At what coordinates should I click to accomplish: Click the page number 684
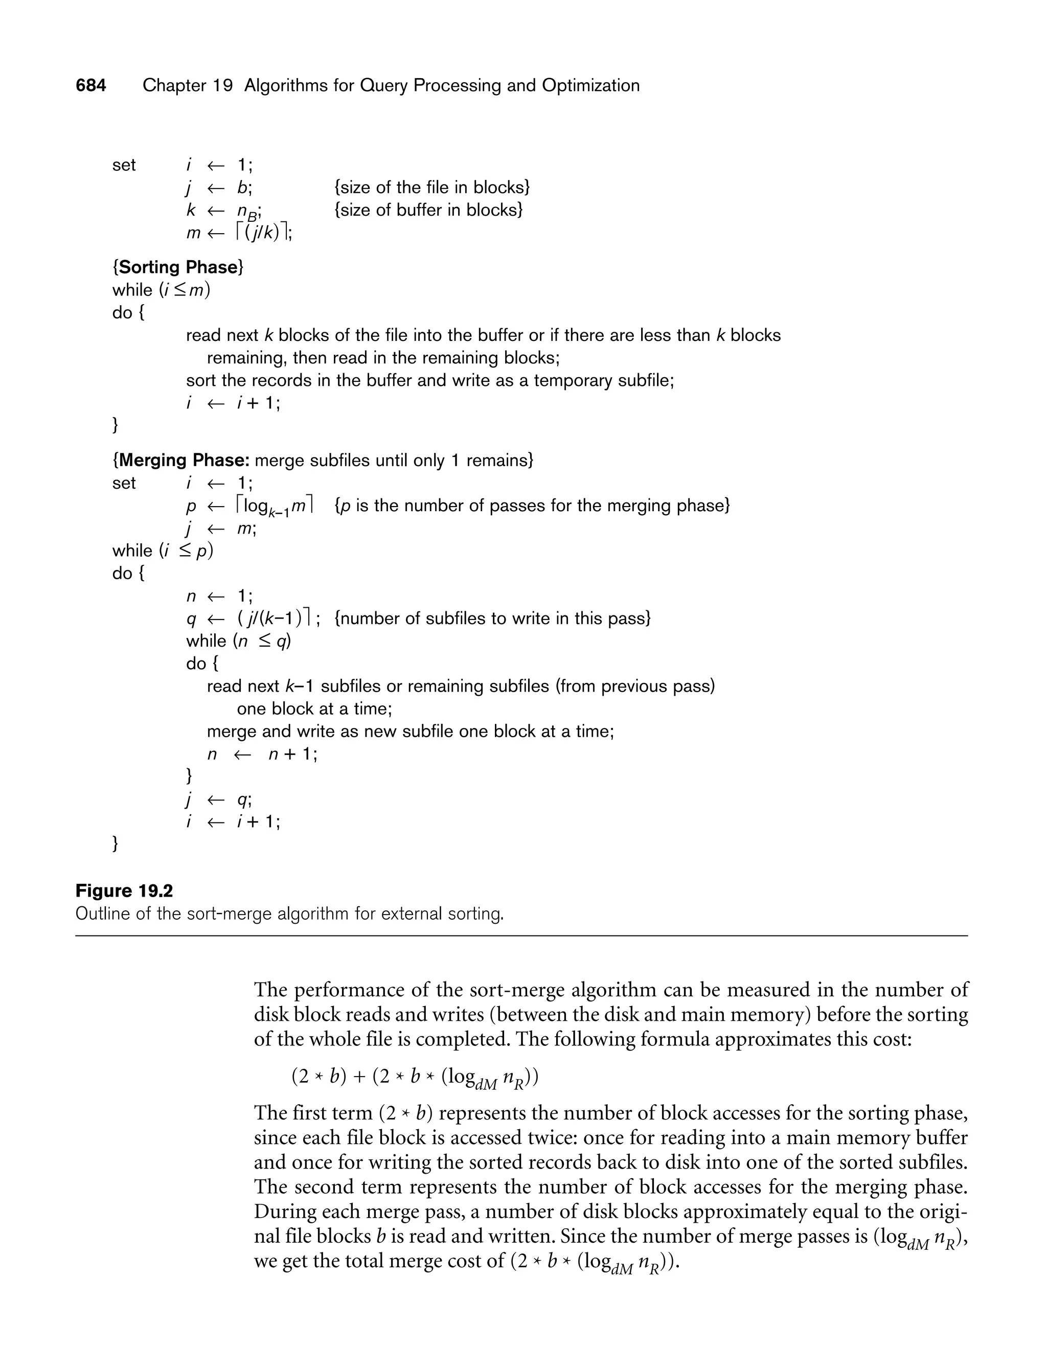click(x=91, y=85)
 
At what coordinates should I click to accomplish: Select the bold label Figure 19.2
click(x=124, y=891)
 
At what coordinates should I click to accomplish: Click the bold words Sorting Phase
click(x=178, y=267)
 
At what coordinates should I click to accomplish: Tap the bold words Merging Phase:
click(x=184, y=461)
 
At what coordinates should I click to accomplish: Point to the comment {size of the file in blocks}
click(x=432, y=187)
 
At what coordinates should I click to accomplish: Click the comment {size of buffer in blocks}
click(x=428, y=210)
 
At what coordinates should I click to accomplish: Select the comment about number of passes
click(x=532, y=506)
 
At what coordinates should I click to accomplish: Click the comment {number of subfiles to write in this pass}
click(x=492, y=618)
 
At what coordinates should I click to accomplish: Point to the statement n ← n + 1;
click(x=262, y=754)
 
